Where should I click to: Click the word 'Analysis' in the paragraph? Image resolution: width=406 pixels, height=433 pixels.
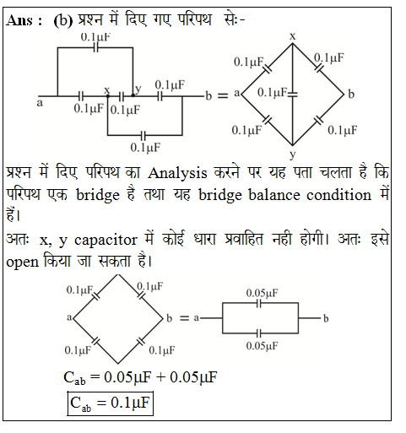[177, 174]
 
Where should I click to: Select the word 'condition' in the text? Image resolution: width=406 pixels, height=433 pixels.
[338, 195]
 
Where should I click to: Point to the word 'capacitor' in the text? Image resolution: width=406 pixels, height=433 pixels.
[106, 241]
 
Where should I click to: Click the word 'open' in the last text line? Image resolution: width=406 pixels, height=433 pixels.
[22, 263]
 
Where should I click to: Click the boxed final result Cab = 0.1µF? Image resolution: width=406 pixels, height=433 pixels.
[110, 403]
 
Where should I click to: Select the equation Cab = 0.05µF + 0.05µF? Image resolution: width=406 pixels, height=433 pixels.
[140, 377]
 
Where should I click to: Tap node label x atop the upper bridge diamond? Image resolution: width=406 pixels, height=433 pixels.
[293, 36]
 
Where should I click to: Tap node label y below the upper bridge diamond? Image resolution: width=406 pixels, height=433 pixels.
[293, 154]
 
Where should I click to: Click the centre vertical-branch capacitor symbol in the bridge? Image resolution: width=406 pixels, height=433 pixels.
[293, 95]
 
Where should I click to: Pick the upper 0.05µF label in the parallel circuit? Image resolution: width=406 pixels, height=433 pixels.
[262, 293]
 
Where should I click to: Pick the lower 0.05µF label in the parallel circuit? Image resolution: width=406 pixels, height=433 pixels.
[262, 345]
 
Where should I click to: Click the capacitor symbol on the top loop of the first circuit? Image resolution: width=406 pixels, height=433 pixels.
[95, 48]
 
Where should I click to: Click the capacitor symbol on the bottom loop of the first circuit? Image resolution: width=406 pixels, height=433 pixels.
[143, 135]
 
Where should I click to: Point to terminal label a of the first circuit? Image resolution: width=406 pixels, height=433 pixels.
[40, 103]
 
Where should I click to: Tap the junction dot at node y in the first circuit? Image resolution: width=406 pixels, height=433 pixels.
[133, 95]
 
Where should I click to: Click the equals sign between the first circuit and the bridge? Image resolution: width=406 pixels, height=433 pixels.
[223, 96]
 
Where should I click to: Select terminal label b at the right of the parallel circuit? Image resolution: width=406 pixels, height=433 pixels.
[326, 318]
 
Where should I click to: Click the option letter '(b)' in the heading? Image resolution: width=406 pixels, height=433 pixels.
[63, 21]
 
